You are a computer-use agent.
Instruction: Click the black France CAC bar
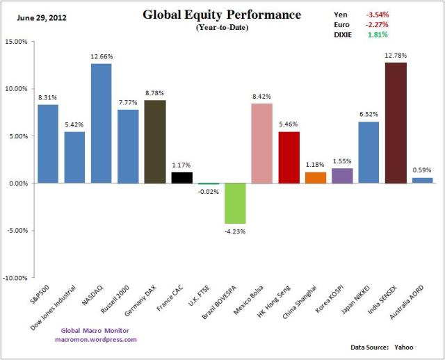[182, 178]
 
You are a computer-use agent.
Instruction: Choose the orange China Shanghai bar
[316, 178]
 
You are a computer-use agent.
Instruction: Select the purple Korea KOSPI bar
[343, 176]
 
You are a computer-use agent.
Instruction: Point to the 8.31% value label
[48, 98]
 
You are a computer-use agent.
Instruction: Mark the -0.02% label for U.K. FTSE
[209, 192]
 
